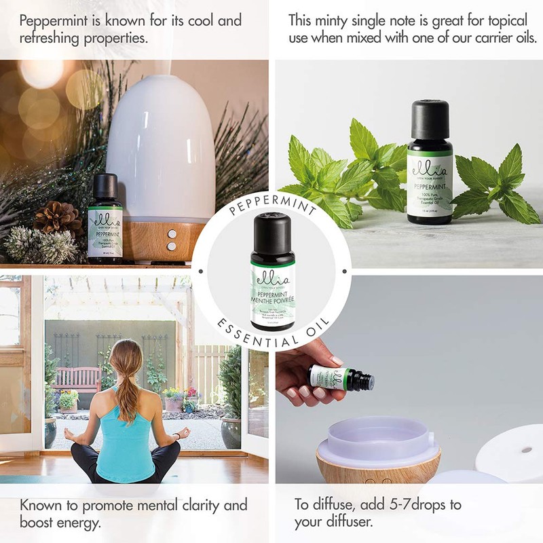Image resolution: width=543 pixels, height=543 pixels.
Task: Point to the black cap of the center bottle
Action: (272, 231)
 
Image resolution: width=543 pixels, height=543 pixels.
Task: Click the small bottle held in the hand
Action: (341, 377)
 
